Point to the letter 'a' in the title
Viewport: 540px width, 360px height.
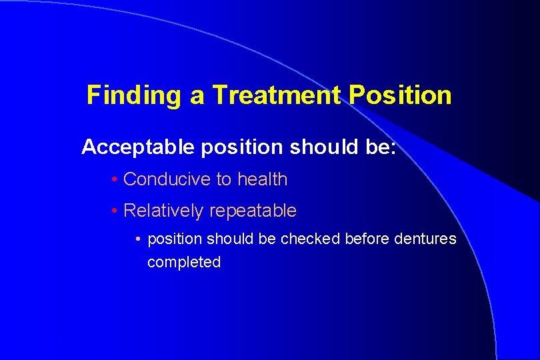(x=197, y=95)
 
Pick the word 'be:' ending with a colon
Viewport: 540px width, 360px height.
(x=380, y=147)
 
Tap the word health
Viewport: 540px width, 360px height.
(x=262, y=179)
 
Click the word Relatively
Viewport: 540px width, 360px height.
(x=164, y=211)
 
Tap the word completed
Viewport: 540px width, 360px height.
(x=184, y=263)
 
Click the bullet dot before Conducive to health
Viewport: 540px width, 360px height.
(x=115, y=179)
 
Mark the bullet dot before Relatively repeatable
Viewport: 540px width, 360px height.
(x=115, y=211)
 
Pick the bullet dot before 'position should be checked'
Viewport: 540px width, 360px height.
(x=138, y=239)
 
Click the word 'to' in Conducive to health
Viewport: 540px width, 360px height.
(x=224, y=179)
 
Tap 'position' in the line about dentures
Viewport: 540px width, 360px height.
(x=174, y=239)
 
